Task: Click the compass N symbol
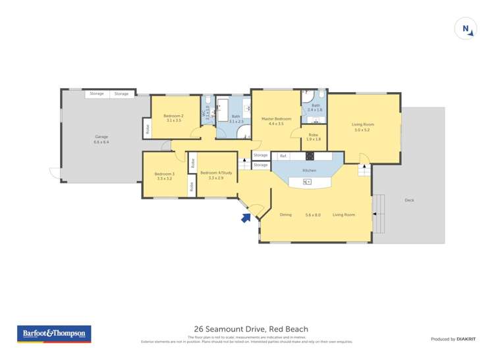click(466, 28)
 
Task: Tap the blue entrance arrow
click(246, 217)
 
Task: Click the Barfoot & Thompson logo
click(53, 334)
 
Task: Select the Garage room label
click(101, 137)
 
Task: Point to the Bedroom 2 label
click(173, 116)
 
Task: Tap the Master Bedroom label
click(276, 119)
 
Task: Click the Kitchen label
click(309, 170)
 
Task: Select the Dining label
click(285, 215)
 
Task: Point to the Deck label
click(409, 200)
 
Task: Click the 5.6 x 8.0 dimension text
click(313, 215)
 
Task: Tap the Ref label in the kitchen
click(283, 156)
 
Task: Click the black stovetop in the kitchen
click(310, 156)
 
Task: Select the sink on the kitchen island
click(307, 182)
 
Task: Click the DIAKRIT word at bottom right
click(465, 339)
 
